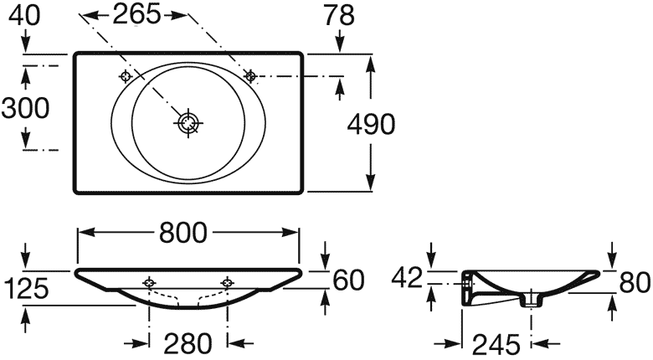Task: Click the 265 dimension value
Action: pos(136,14)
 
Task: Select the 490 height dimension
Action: pos(371,124)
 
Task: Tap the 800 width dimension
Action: pos(183,232)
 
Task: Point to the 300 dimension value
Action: pos(25,108)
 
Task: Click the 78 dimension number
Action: pos(339,15)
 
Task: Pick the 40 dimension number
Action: pos(24,15)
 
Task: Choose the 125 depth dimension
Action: pos(26,289)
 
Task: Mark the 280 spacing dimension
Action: pos(188,343)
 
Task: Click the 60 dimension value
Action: pos(348,280)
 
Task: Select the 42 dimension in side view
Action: pos(407,278)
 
